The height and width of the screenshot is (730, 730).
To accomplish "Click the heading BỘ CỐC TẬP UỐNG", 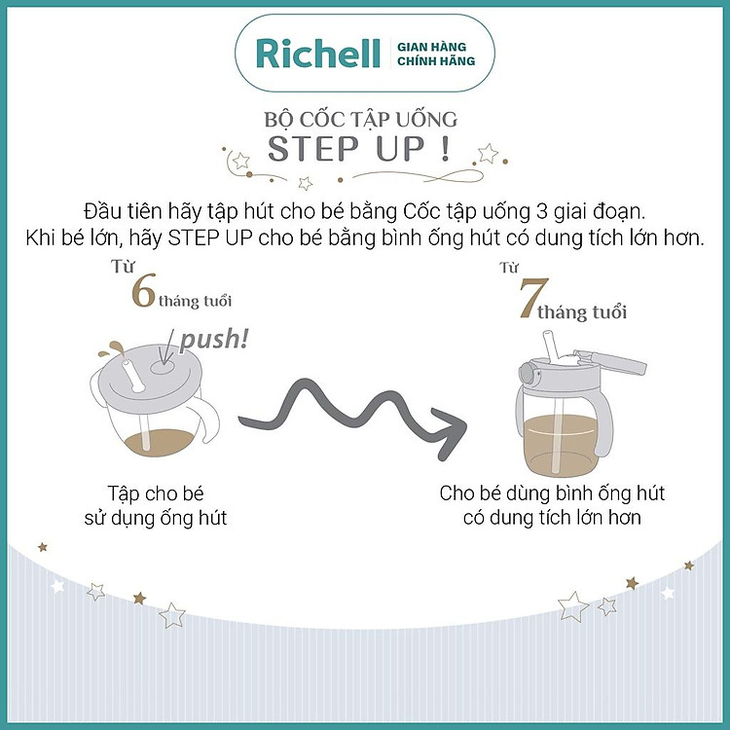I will point(361,121).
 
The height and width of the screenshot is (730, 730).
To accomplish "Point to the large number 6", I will point(142,291).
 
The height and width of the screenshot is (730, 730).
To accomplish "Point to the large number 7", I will point(526,301).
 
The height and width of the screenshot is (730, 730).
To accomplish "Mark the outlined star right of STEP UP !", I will point(488,154).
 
